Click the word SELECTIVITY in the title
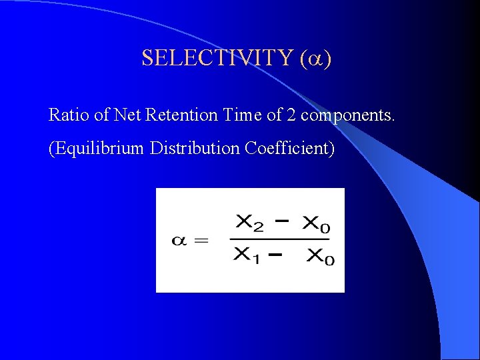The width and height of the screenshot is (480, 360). [217, 59]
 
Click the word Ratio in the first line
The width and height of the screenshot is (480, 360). [69, 115]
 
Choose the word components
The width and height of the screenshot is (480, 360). [347, 116]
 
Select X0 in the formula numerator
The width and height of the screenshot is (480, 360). [316, 225]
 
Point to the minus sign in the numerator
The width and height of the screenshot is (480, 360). [283, 221]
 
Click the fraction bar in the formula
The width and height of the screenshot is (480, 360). [280, 239]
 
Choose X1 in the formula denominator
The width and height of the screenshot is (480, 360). [247, 257]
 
